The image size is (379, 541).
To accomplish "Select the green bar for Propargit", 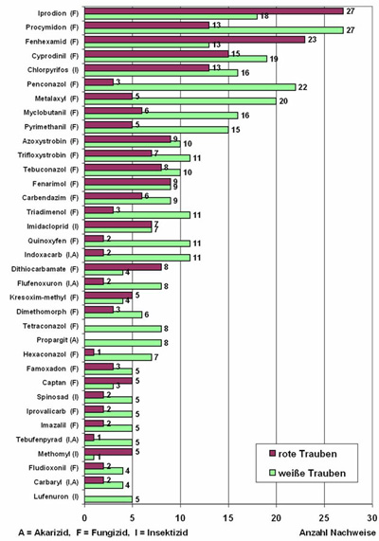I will coord(122,342).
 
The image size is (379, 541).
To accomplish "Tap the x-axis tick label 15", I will coord(228,518).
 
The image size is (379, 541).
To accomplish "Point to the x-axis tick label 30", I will coord(371,518).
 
